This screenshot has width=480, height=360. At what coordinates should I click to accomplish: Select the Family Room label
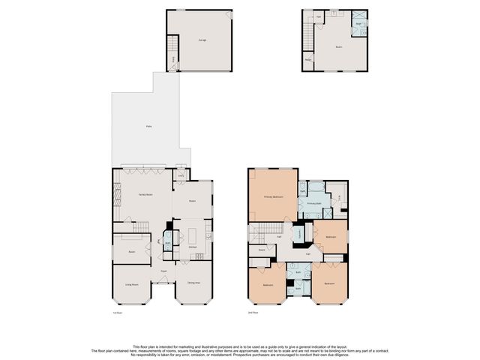coord(145,194)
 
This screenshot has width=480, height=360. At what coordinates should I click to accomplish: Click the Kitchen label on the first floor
coord(192,247)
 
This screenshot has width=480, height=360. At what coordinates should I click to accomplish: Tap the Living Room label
coord(133,285)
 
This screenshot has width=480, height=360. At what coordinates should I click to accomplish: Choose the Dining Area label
coord(193,283)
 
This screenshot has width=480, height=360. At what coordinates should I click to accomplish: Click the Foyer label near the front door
coord(163,271)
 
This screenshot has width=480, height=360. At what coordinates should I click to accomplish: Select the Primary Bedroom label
coord(273,196)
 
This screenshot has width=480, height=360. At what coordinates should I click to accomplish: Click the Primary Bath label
coord(314,203)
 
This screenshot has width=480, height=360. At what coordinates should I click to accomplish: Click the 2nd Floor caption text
coord(253,313)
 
